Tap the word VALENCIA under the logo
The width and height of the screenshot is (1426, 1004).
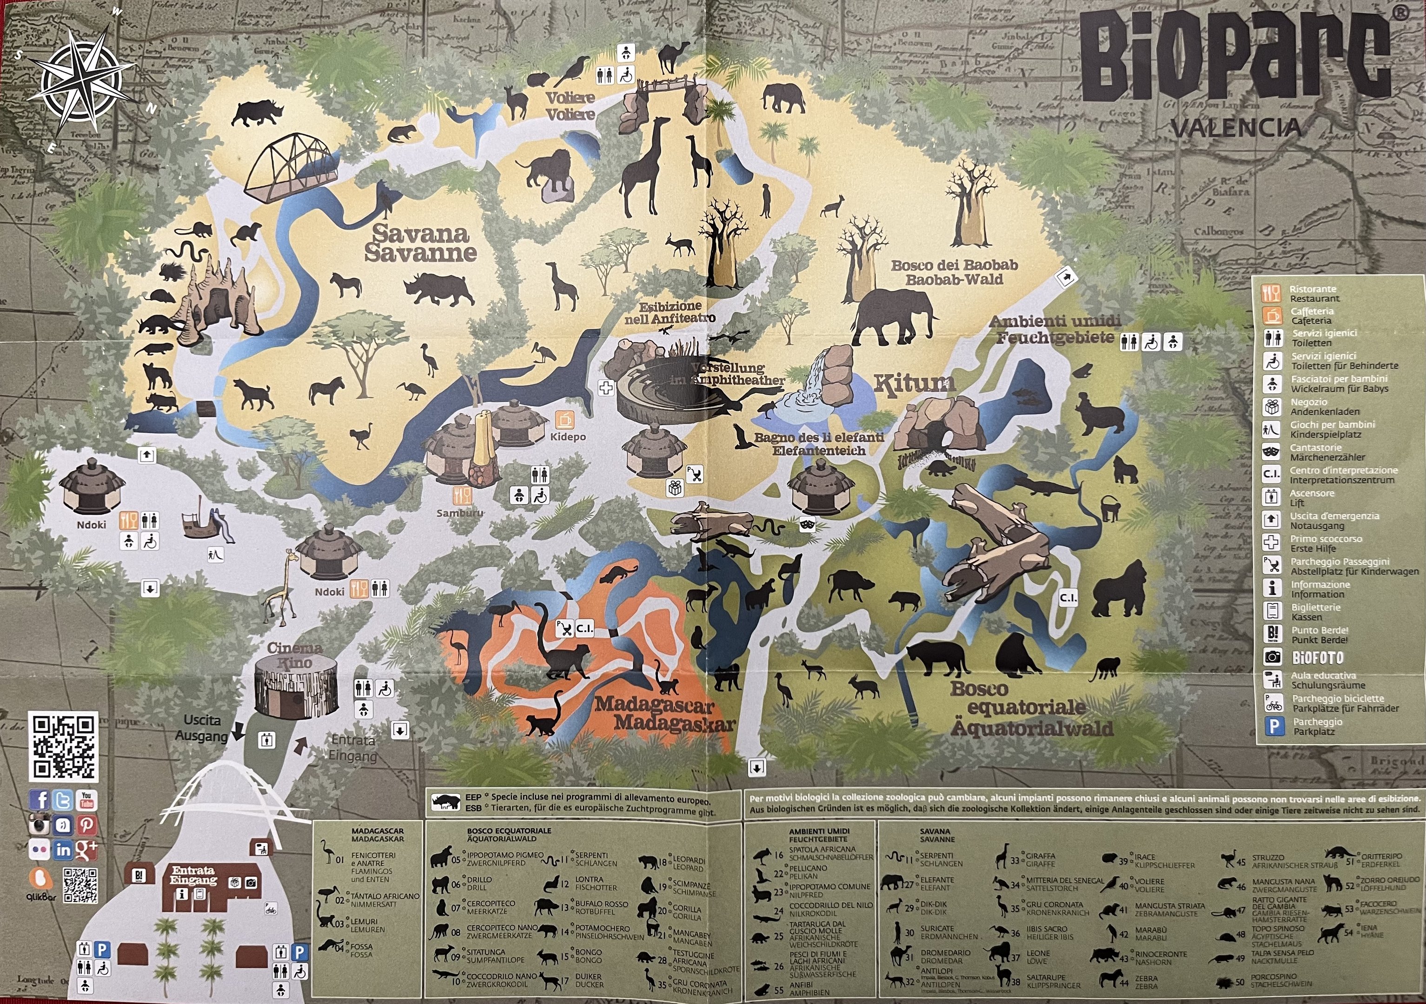[x=1235, y=128]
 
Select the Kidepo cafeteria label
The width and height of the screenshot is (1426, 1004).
[x=568, y=436]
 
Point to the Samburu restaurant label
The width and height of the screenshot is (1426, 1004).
[x=459, y=513]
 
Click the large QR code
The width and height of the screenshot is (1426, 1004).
[x=63, y=746]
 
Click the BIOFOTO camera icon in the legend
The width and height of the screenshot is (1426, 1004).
[x=1273, y=657]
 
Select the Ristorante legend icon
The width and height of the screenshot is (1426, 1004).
[x=1271, y=294]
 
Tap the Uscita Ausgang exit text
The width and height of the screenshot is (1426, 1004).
[x=202, y=728]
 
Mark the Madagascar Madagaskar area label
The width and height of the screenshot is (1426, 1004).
[x=663, y=714]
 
